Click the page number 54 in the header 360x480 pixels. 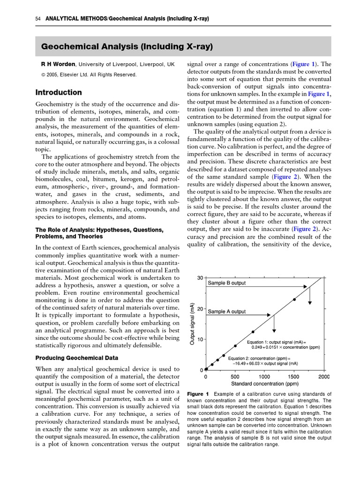pyautogui.click(x=37, y=19)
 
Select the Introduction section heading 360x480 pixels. pyautogui.click(x=59, y=92)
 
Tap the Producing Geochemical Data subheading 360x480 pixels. pyautogui.click(x=77, y=358)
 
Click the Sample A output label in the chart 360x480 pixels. pyautogui.click(x=226, y=311)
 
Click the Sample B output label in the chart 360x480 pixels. pyautogui.click(x=226, y=283)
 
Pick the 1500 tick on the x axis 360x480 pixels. pyautogui.click(x=293, y=376)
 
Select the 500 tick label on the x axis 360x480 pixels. pyautogui.click(x=235, y=376)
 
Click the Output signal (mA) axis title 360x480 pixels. pyautogui.click(x=192, y=323)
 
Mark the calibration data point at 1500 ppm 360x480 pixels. pyautogui.click(x=294, y=299)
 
